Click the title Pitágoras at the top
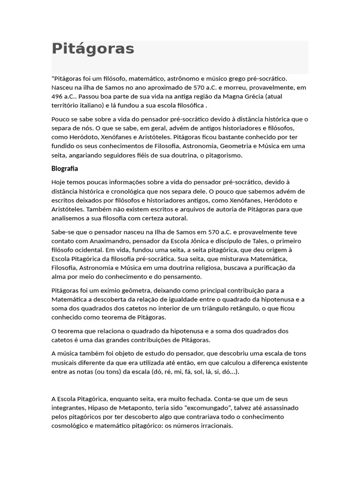click(x=93, y=49)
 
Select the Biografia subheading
click(x=65, y=168)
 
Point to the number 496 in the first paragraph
click(x=58, y=96)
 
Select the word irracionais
click(x=216, y=426)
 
